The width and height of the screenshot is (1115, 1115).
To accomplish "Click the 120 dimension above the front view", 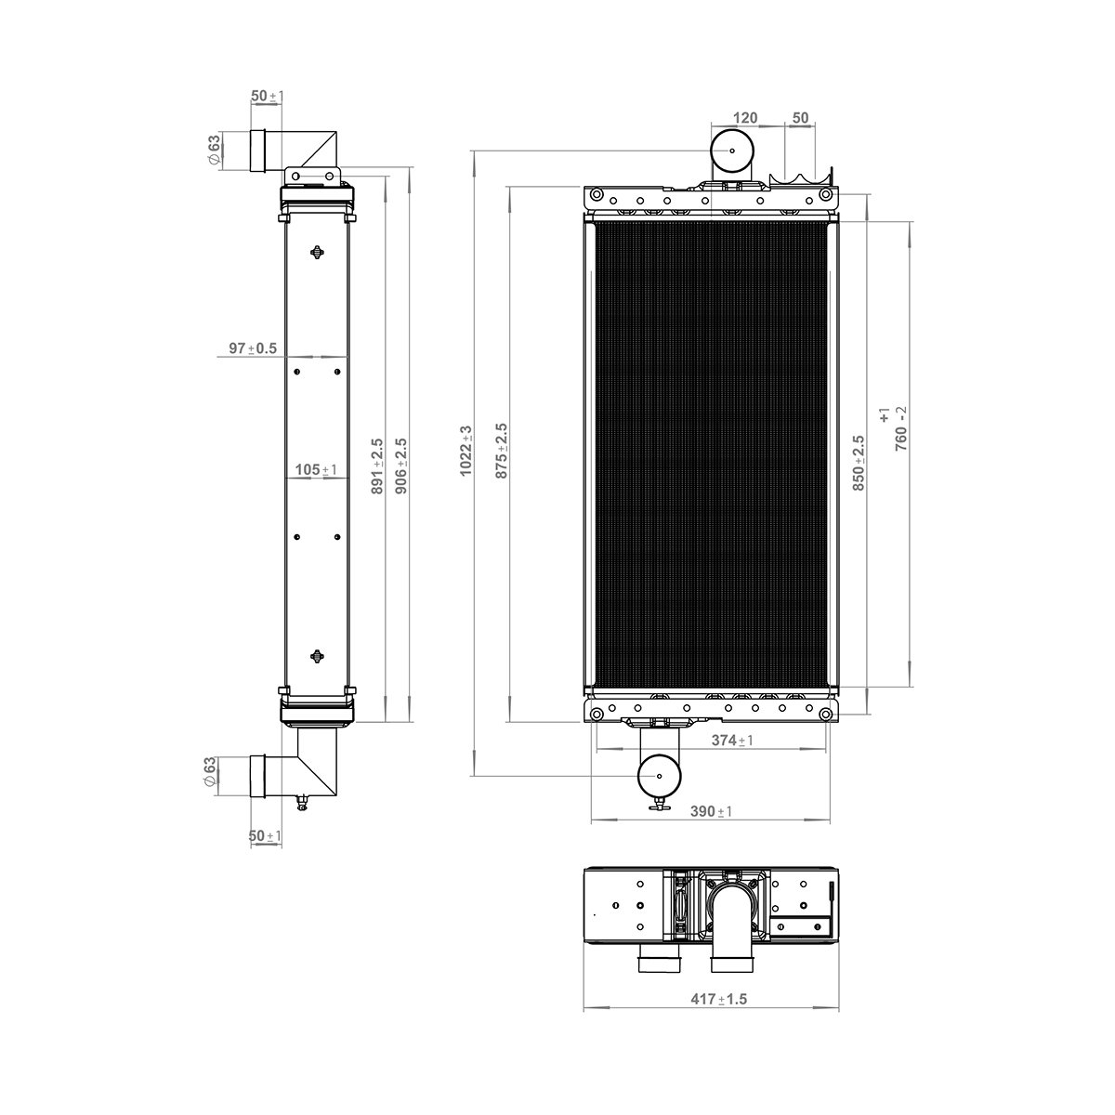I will (x=745, y=118).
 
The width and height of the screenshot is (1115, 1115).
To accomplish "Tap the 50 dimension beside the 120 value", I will (x=799, y=118).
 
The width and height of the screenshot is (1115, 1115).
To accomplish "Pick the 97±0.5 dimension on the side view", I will (x=253, y=348).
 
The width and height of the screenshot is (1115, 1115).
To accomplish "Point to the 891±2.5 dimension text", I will (x=377, y=466).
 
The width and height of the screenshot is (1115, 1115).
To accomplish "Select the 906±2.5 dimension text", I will (x=402, y=466).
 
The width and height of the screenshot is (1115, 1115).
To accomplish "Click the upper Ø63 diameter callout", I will (x=214, y=150).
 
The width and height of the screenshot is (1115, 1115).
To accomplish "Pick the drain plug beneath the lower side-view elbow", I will (x=301, y=802).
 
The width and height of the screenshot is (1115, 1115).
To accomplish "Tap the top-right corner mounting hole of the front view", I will (x=825, y=195).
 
